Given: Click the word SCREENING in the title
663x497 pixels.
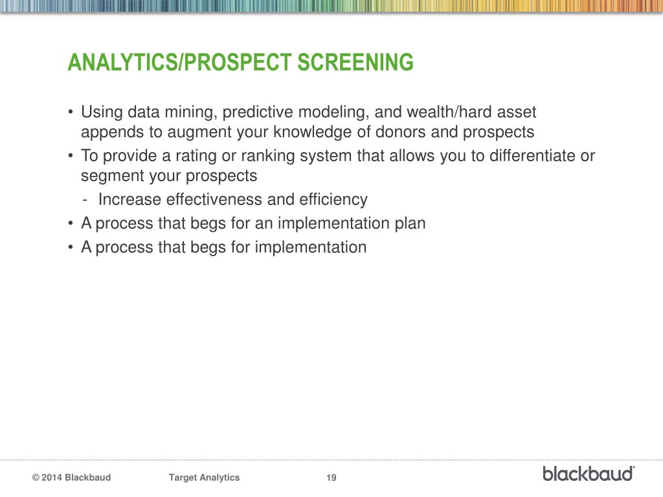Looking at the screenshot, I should click(x=355, y=63).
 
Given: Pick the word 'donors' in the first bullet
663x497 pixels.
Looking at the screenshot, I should click(x=402, y=133).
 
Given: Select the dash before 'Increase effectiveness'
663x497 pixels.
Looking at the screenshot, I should click(x=85, y=200).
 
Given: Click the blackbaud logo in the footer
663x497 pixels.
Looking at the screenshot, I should click(x=589, y=473).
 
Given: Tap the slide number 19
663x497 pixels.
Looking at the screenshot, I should click(x=331, y=478).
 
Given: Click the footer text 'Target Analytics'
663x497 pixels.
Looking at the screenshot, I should click(x=204, y=478).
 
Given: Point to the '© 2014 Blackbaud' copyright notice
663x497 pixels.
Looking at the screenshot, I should click(x=71, y=478).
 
